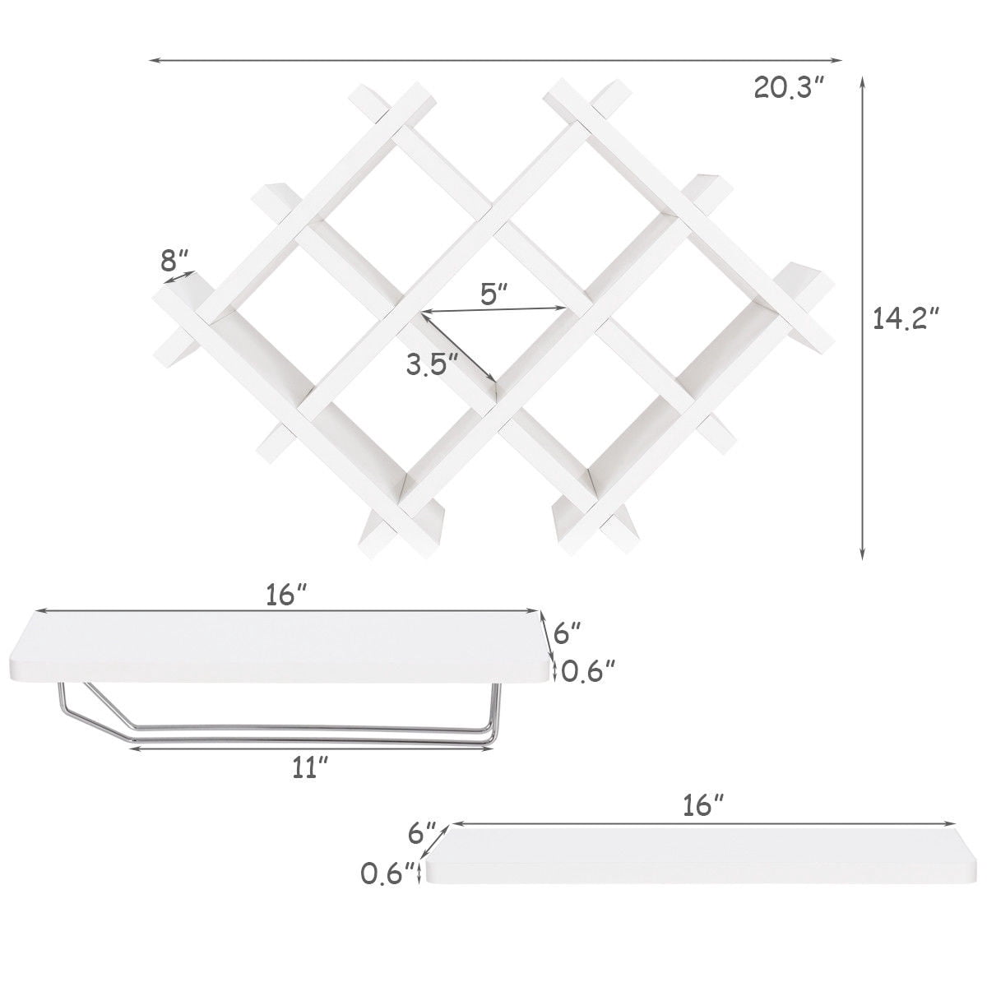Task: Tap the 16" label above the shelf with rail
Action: tap(286, 595)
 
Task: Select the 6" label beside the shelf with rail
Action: tap(568, 633)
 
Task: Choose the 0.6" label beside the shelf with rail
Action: tap(588, 670)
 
